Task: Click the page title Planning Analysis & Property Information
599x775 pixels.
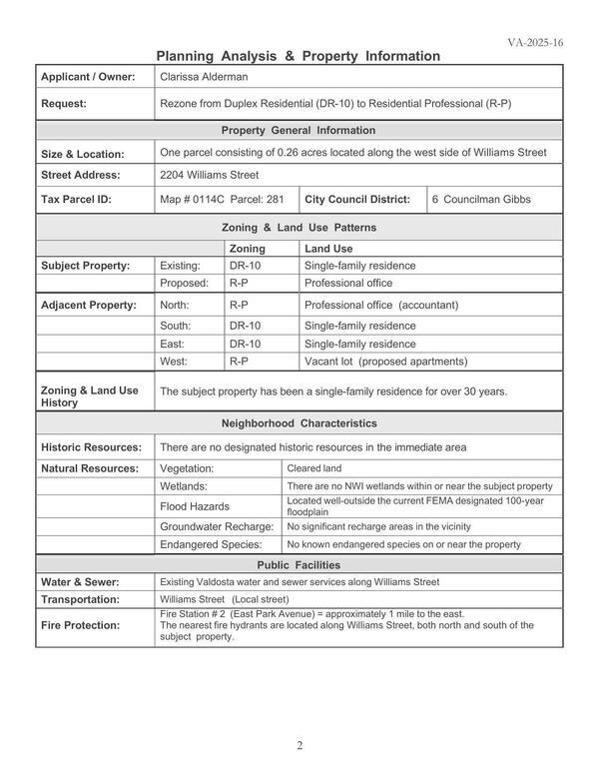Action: click(299, 56)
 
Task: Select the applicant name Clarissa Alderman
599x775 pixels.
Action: click(205, 76)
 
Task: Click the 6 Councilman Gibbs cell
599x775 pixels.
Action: click(481, 200)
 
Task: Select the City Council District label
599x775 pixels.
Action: click(357, 200)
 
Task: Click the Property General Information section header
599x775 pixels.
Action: click(299, 130)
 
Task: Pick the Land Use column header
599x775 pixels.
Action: click(328, 248)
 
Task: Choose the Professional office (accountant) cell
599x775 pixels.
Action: click(380, 306)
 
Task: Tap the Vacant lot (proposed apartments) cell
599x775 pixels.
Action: click(384, 362)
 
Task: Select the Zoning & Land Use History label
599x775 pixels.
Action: click(89, 396)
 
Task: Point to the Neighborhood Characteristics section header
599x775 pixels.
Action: click(299, 423)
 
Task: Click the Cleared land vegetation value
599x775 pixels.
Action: click(315, 467)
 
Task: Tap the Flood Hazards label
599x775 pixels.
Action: click(195, 506)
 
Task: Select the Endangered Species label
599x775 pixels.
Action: click(211, 545)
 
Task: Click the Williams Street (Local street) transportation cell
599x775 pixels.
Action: click(224, 599)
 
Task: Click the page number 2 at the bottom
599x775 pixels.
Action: click(299, 745)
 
